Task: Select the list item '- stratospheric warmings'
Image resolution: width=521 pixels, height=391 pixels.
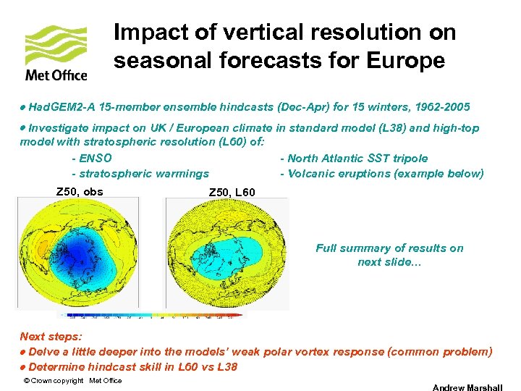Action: pos(140,173)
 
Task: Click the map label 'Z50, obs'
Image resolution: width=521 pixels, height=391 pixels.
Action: pos(80,192)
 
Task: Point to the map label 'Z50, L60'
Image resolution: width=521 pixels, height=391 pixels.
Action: pos(232,192)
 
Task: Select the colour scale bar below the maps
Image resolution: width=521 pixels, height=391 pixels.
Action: pos(152,314)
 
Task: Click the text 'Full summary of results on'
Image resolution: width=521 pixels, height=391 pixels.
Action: pos(389,248)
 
